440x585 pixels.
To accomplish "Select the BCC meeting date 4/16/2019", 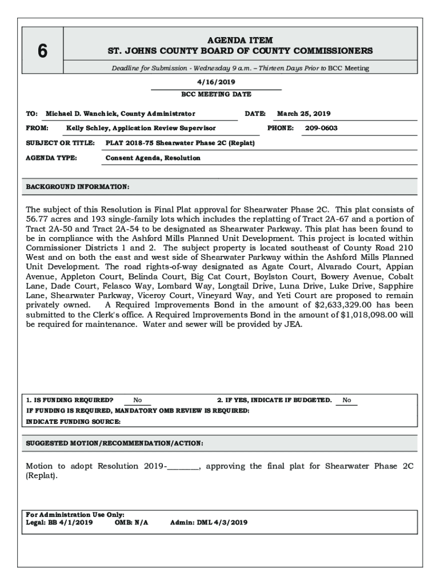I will click(x=216, y=82).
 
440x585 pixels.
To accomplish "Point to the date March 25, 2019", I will click(x=303, y=114).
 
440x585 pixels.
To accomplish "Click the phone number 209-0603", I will click(x=321, y=129).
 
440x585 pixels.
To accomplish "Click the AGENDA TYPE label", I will click(x=52, y=158).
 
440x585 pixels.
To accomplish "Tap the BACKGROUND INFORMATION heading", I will click(x=78, y=187).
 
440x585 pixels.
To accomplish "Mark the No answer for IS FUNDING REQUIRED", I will click(x=138, y=400).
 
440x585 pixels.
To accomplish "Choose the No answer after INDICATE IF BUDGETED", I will click(x=347, y=400).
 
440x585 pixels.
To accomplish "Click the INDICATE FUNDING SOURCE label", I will click(x=74, y=422).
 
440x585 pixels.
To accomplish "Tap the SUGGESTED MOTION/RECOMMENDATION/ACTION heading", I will click(x=115, y=443).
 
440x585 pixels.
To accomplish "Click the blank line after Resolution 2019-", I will click(x=183, y=467).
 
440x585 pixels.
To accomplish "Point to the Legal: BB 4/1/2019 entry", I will click(x=59, y=522).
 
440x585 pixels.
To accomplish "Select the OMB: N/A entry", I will click(x=131, y=522).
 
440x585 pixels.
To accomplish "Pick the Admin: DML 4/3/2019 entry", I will click(x=209, y=522).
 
